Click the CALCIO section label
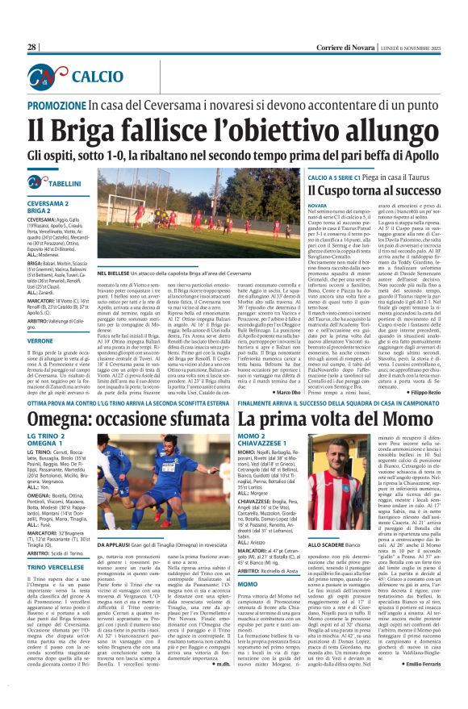pos(96,77)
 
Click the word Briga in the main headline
pos(104,129)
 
